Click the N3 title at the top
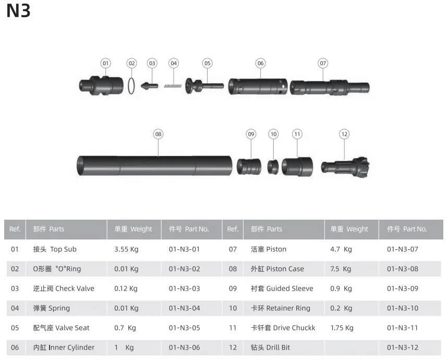pos(18,11)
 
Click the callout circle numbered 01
pos(106,63)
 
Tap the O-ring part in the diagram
pos(131,86)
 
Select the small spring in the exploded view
pos(172,86)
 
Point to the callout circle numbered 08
pos(158,134)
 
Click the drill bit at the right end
pos(345,167)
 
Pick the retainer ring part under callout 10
pos(273,167)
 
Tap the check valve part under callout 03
pos(149,86)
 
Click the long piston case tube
pos(154,165)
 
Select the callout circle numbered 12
pos(344,134)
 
